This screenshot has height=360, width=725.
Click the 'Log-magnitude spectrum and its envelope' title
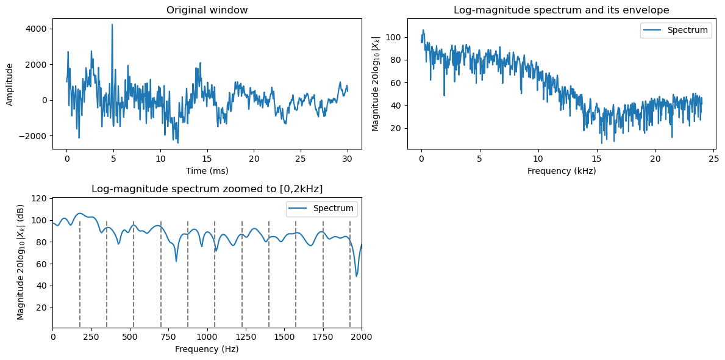(x=561, y=10)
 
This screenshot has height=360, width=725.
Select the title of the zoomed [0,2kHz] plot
(x=207, y=189)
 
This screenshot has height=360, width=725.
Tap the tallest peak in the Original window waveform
(x=112, y=25)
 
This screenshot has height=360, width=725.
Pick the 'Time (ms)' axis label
(x=207, y=171)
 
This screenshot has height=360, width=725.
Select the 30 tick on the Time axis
(x=347, y=159)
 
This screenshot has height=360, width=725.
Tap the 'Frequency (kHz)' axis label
(x=561, y=171)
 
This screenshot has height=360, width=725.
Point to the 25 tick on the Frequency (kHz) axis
(x=714, y=159)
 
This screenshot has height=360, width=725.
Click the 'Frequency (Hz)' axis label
(x=207, y=349)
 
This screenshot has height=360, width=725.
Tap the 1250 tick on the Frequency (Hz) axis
(x=246, y=337)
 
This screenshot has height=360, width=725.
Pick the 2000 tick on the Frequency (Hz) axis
(x=361, y=337)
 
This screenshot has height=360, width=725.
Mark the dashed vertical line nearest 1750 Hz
(x=323, y=275)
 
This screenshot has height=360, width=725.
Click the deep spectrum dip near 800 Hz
(x=176, y=261)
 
